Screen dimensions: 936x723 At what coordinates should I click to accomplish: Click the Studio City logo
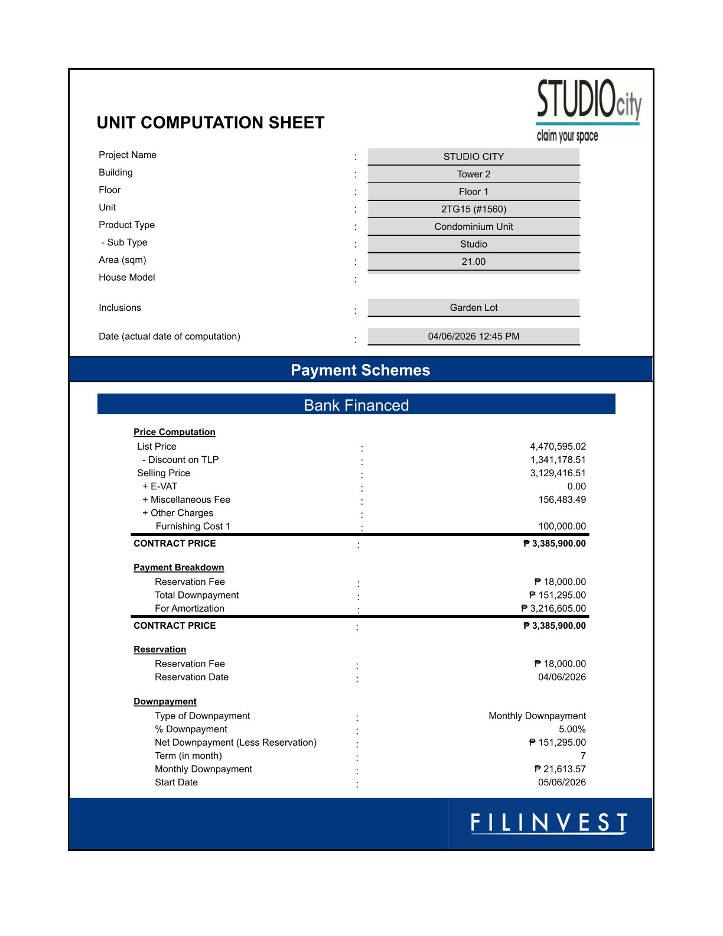pyautogui.click(x=588, y=110)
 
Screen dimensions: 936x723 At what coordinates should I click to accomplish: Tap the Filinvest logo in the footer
pyautogui.click(x=548, y=823)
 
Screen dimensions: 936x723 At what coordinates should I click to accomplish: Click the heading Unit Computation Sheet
pyautogui.click(x=210, y=123)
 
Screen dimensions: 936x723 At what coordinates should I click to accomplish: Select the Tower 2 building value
pyautogui.click(x=473, y=174)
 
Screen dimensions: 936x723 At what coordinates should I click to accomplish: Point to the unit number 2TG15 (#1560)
pyautogui.click(x=473, y=209)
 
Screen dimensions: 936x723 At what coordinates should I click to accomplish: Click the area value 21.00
pyautogui.click(x=473, y=262)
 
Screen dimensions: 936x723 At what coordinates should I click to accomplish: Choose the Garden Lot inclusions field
pyautogui.click(x=473, y=308)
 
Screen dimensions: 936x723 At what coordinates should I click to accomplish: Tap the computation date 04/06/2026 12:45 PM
pyautogui.click(x=473, y=336)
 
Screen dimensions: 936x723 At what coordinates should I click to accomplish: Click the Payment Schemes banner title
pyautogui.click(x=360, y=370)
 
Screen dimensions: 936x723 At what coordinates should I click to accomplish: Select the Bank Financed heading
pyautogui.click(x=356, y=405)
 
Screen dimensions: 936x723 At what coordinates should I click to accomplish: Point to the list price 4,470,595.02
pyautogui.click(x=558, y=447)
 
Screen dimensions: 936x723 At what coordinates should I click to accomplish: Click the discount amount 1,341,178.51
pyautogui.click(x=558, y=460)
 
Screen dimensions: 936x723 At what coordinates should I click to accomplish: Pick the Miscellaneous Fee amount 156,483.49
pyautogui.click(x=562, y=500)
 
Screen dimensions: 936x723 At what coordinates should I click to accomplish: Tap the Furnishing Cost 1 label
pyautogui.click(x=193, y=526)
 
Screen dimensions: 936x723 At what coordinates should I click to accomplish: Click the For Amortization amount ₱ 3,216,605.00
pyautogui.click(x=553, y=609)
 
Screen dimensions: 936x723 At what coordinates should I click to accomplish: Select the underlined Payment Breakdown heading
pyautogui.click(x=178, y=567)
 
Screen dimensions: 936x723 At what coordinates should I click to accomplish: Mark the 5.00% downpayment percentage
pyautogui.click(x=572, y=729)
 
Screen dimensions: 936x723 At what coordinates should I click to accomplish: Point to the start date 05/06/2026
pyautogui.click(x=562, y=782)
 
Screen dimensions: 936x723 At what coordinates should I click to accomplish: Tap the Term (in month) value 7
pyautogui.click(x=583, y=756)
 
